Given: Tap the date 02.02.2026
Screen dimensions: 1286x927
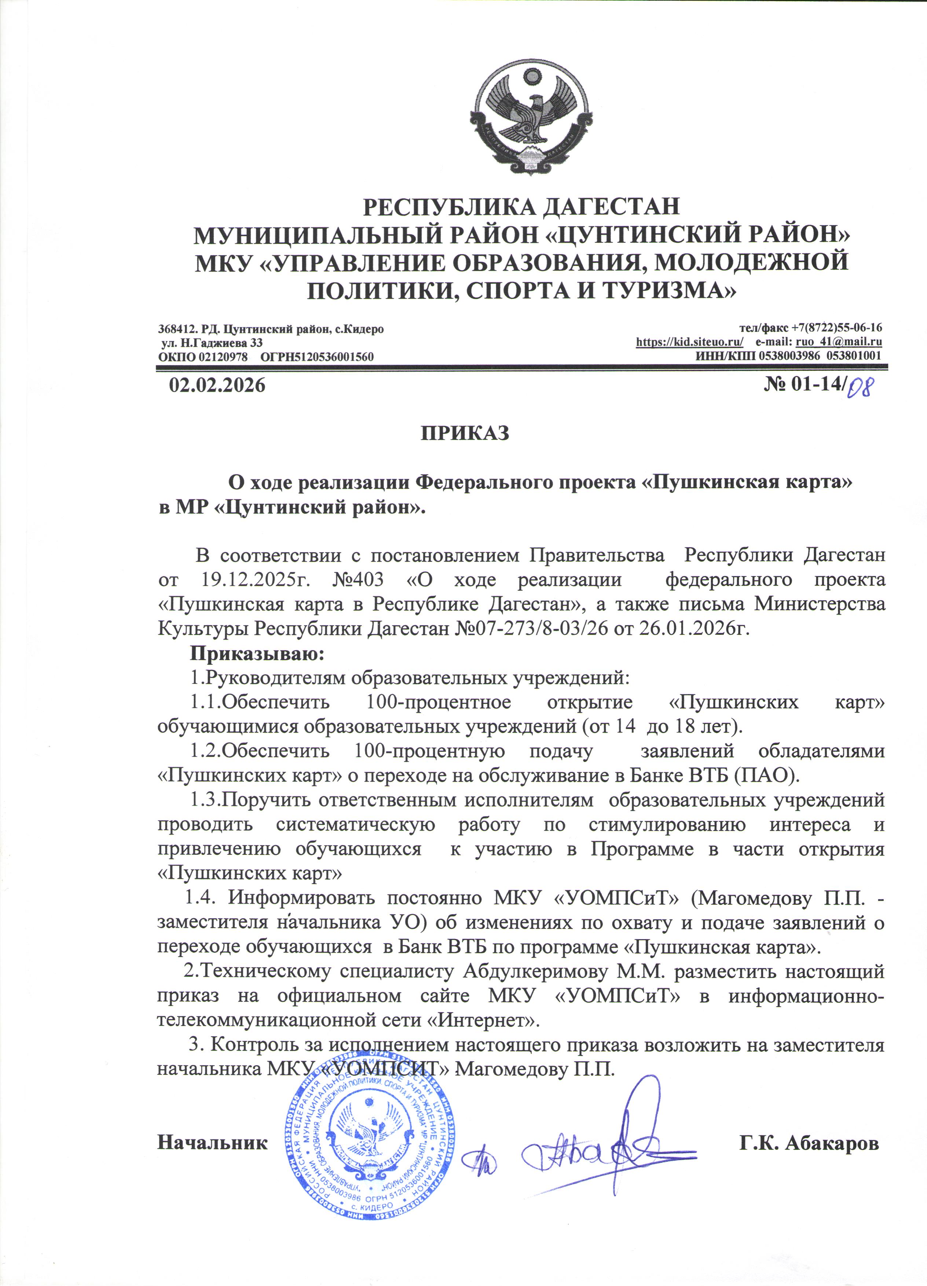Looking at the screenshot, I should pyautogui.click(x=217, y=385).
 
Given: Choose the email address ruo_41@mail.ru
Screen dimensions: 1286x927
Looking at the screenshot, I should pyautogui.click(x=839, y=342).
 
